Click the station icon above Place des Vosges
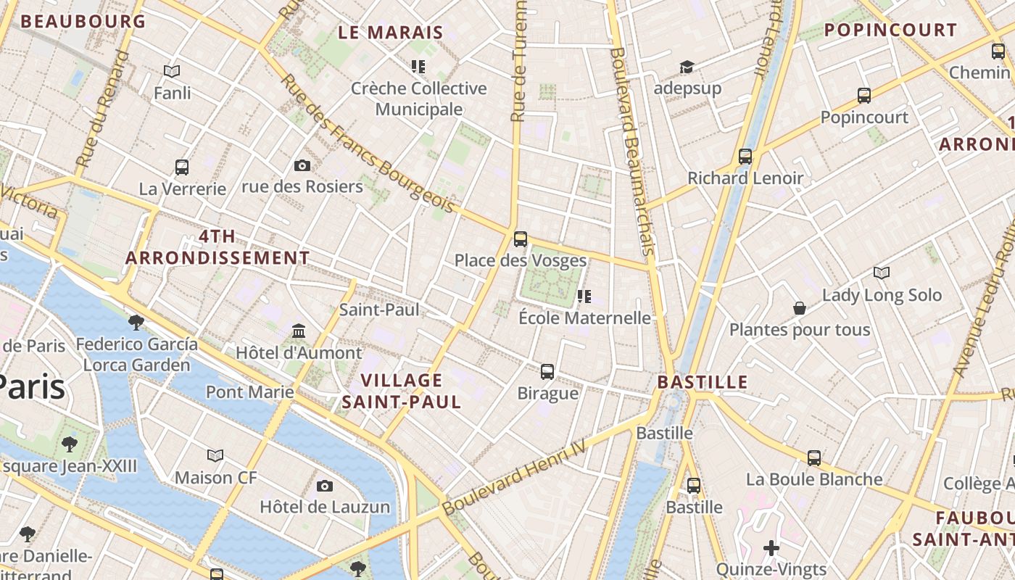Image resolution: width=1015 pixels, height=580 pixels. (520, 239)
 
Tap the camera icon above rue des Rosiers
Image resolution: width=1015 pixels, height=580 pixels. (302, 166)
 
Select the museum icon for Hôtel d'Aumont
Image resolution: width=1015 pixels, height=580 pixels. (299, 331)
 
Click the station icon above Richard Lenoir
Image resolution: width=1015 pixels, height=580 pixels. (745, 157)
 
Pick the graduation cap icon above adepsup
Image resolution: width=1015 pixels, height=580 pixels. (687, 67)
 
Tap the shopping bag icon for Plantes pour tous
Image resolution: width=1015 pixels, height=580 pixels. (800, 308)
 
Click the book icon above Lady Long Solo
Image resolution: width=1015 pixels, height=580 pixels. (882, 273)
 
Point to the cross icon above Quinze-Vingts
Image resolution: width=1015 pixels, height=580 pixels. (771, 547)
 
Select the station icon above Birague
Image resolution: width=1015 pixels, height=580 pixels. (547, 372)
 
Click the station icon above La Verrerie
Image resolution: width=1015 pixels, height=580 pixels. (182, 167)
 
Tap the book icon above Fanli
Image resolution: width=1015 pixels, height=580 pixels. (172, 71)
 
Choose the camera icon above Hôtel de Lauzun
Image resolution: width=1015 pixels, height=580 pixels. (325, 486)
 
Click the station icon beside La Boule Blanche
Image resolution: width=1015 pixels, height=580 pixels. (814, 458)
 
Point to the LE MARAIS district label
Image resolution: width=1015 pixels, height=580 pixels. (391, 33)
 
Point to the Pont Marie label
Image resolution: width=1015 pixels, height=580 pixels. (250, 392)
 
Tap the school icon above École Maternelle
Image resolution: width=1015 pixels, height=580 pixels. (584, 297)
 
